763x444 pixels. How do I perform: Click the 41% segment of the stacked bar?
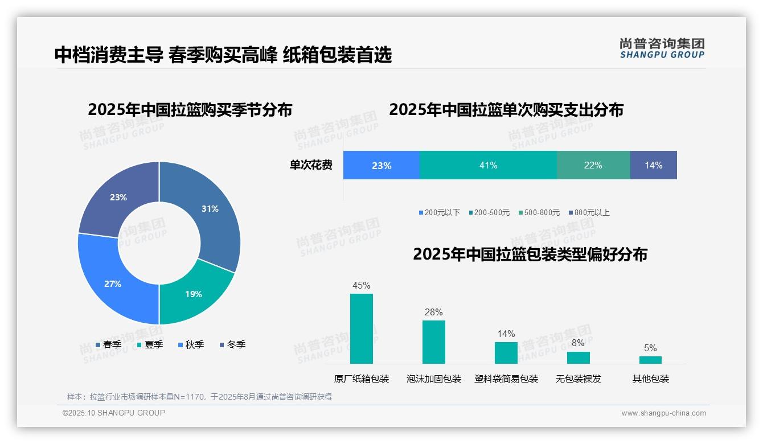click(x=488, y=165)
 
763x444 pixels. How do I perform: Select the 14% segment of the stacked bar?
click(x=653, y=165)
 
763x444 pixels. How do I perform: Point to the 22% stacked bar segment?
click(x=593, y=165)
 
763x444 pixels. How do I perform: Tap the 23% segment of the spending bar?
click(x=381, y=165)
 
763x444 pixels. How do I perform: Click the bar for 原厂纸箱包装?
click(x=361, y=328)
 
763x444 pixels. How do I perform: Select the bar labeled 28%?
click(x=433, y=342)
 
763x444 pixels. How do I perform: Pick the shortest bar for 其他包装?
click(x=650, y=360)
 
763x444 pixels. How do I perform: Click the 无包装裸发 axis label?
click(x=578, y=379)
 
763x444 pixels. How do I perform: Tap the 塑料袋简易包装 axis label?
click(x=506, y=379)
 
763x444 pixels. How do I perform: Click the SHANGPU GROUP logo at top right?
click(x=662, y=48)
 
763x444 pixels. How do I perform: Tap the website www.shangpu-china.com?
click(x=663, y=413)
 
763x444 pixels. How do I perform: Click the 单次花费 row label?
click(x=311, y=165)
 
